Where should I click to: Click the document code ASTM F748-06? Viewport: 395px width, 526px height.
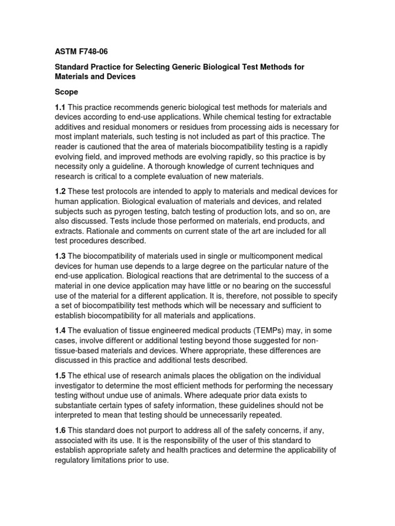pyautogui.click(x=81, y=51)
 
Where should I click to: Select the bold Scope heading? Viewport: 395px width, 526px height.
pyautogui.click(x=67, y=92)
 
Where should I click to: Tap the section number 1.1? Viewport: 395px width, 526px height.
pyautogui.click(x=61, y=107)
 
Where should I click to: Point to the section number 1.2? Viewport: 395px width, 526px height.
pyautogui.click(x=61, y=191)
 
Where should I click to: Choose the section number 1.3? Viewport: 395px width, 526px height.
pyautogui.click(x=61, y=256)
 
